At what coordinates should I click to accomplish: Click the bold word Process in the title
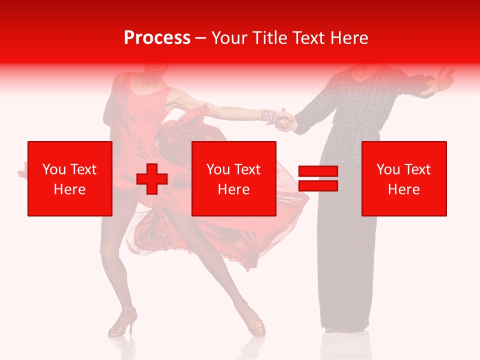tap(157, 38)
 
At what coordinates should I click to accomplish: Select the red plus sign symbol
tap(151, 178)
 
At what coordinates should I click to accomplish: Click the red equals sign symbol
tap(318, 178)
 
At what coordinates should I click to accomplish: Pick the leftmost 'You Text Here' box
tap(70, 178)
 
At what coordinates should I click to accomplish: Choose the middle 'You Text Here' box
tap(234, 178)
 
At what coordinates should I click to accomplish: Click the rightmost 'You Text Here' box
tap(404, 178)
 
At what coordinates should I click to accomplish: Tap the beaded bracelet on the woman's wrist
tap(268, 116)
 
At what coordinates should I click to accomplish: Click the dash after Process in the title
tap(201, 38)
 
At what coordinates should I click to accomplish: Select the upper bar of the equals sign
tap(318, 171)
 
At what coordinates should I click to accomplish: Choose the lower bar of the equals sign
tap(318, 185)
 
